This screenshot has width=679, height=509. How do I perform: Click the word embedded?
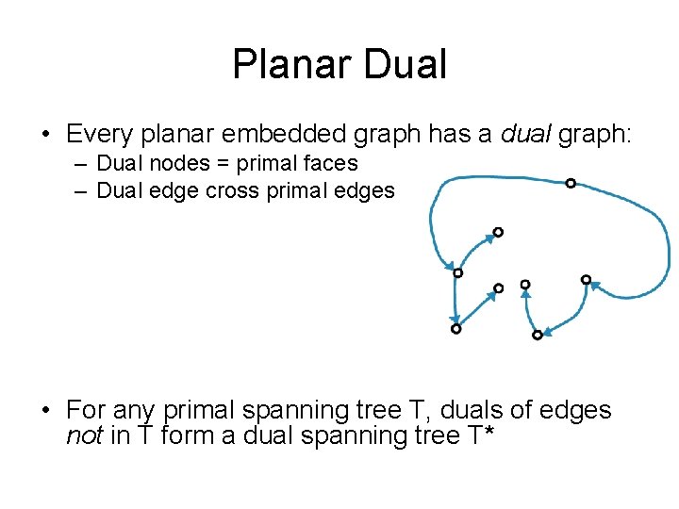pyautogui.click(x=309, y=135)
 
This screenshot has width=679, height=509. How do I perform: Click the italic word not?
pyautogui.click(x=82, y=435)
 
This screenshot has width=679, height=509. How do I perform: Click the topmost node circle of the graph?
pyautogui.click(x=571, y=183)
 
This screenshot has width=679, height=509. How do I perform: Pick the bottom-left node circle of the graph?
pyautogui.click(x=456, y=329)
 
